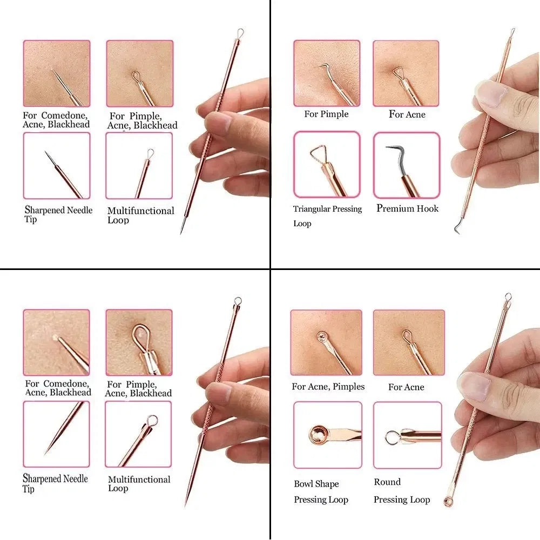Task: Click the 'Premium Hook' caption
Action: pyautogui.click(x=407, y=208)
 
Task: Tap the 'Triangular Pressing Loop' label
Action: pyautogui.click(x=327, y=215)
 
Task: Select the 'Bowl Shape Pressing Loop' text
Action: pyautogui.click(x=321, y=492)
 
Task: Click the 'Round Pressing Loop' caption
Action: pyautogui.click(x=401, y=491)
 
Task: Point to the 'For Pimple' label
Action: pyautogui.click(x=326, y=114)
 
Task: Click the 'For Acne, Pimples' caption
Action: pyautogui.click(x=328, y=387)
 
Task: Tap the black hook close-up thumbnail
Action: pyautogui.click(x=407, y=165)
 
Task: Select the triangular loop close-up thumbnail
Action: pyautogui.click(x=327, y=165)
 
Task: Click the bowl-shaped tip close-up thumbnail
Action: pyautogui.click(x=327, y=435)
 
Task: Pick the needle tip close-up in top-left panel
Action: pyautogui.click(x=57, y=166)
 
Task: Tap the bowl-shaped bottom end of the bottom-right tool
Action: pyautogui.click(x=448, y=501)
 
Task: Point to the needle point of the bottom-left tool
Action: pyautogui.click(x=186, y=502)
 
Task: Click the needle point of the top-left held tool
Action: pyautogui.click(x=182, y=232)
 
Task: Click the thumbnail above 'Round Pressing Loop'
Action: pyautogui.click(x=407, y=435)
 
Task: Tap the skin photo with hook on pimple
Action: pyautogui.click(x=327, y=73)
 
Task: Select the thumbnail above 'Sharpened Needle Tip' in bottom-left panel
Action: pyautogui.click(x=56, y=434)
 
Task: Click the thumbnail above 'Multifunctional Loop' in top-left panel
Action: pyautogui.click(x=139, y=166)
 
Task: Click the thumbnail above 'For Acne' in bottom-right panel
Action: pyautogui.click(x=408, y=342)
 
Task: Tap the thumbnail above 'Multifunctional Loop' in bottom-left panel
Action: pyautogui.click(x=138, y=434)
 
